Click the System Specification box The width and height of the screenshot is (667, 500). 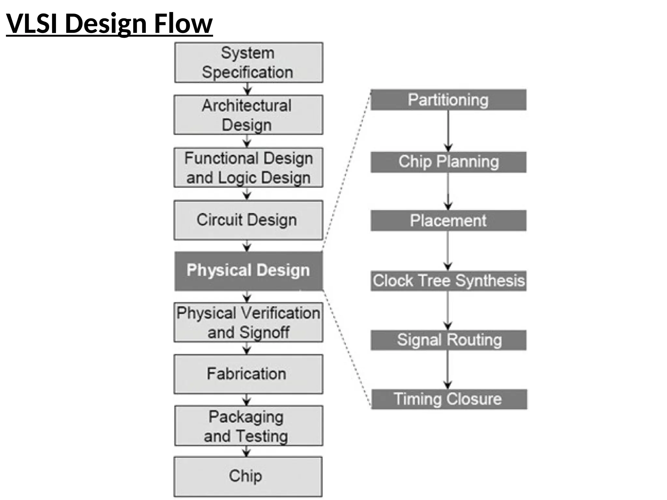pos(248,62)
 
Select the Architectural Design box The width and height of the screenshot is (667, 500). pos(248,115)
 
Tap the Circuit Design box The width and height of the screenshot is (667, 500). pos(248,220)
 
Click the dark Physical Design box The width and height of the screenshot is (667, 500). pos(248,271)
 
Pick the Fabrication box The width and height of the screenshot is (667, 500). pos(248,374)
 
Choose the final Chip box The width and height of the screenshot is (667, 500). pos(248,476)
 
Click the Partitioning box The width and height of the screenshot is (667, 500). pos(448,100)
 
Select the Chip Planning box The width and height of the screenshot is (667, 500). pos(448,162)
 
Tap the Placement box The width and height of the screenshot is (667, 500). pos(448,221)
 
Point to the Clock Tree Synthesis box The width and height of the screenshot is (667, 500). pos(448,281)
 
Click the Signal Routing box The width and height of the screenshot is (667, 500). pos(448,340)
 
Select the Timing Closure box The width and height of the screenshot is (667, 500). pos(449,399)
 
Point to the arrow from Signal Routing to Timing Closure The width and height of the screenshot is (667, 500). pos(448,369)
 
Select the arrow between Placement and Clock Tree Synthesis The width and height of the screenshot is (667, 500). pos(448,251)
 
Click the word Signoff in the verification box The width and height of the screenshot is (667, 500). pos(264,333)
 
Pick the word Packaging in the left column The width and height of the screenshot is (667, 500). pos(246,417)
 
